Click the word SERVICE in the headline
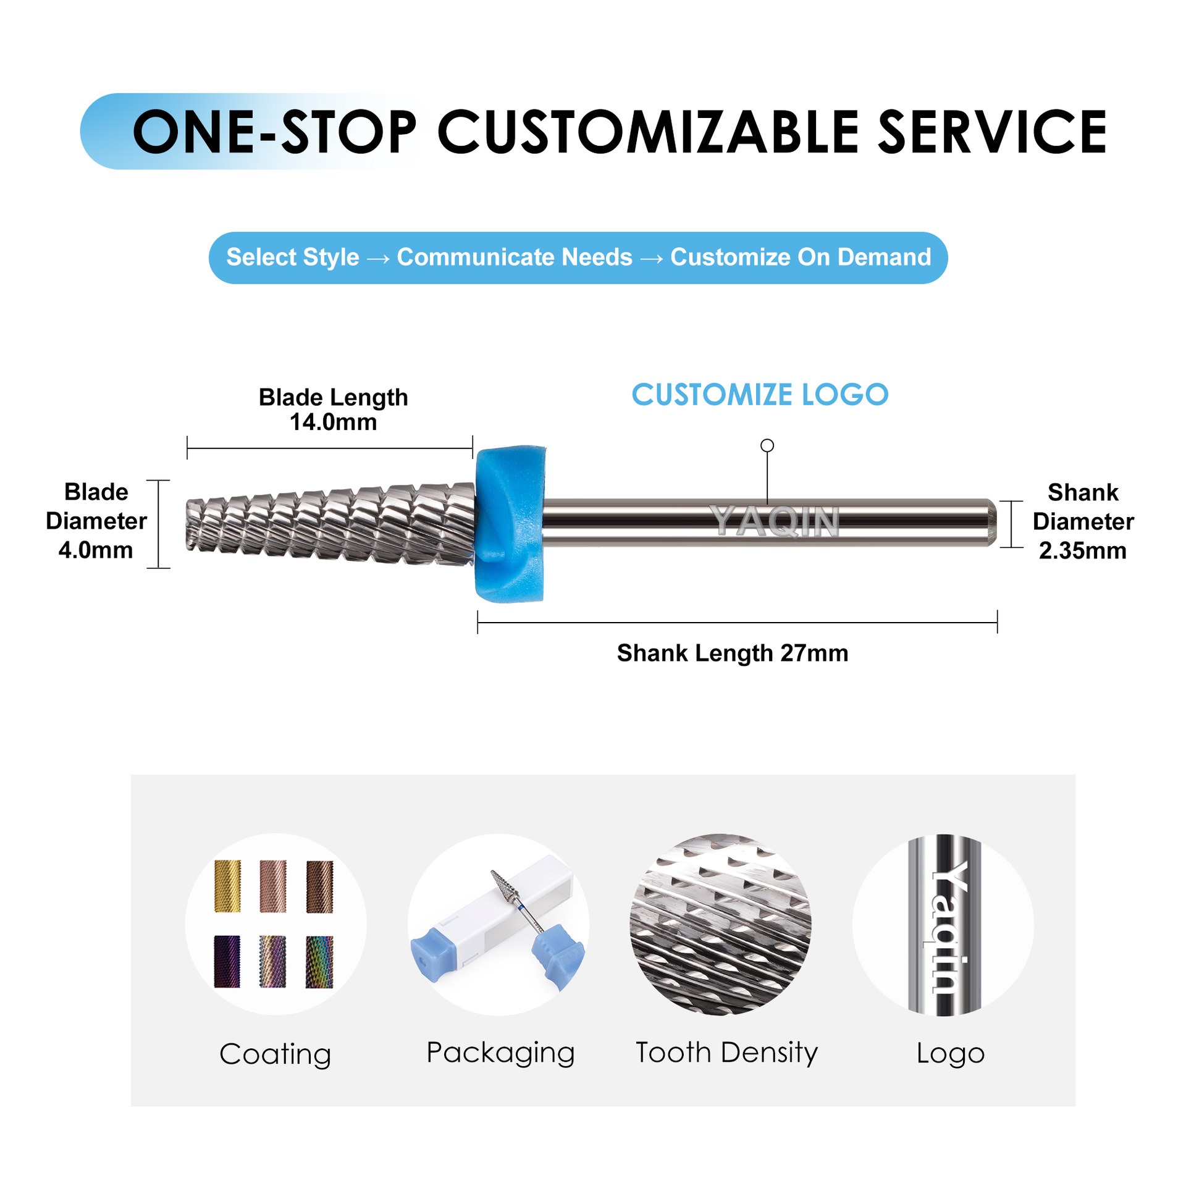(992, 132)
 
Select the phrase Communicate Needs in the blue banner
(515, 257)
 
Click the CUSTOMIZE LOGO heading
(760, 395)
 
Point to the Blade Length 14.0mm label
(333, 410)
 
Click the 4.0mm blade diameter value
(96, 550)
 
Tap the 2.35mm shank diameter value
(1082, 550)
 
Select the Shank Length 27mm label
(732, 653)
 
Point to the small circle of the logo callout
(767, 445)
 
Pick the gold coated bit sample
(227, 886)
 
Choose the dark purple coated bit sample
(227, 961)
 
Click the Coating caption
(275, 1054)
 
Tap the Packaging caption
(500, 1053)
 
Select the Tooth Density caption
(726, 1053)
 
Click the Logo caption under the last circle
(950, 1053)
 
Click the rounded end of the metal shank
(990, 522)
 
